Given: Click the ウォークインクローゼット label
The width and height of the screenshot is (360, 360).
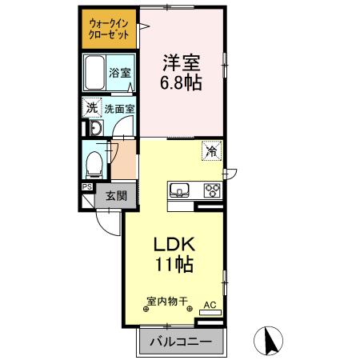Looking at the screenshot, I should [x=109, y=29].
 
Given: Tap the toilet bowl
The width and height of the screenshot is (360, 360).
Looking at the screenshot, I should [x=94, y=163].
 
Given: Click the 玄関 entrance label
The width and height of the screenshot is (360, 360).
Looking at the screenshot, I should [x=114, y=194].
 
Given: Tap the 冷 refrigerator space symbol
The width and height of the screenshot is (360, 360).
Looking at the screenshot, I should [x=212, y=150].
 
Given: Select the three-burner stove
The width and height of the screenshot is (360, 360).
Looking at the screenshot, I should [x=212, y=190].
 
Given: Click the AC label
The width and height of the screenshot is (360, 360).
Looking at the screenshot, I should [x=210, y=305].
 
